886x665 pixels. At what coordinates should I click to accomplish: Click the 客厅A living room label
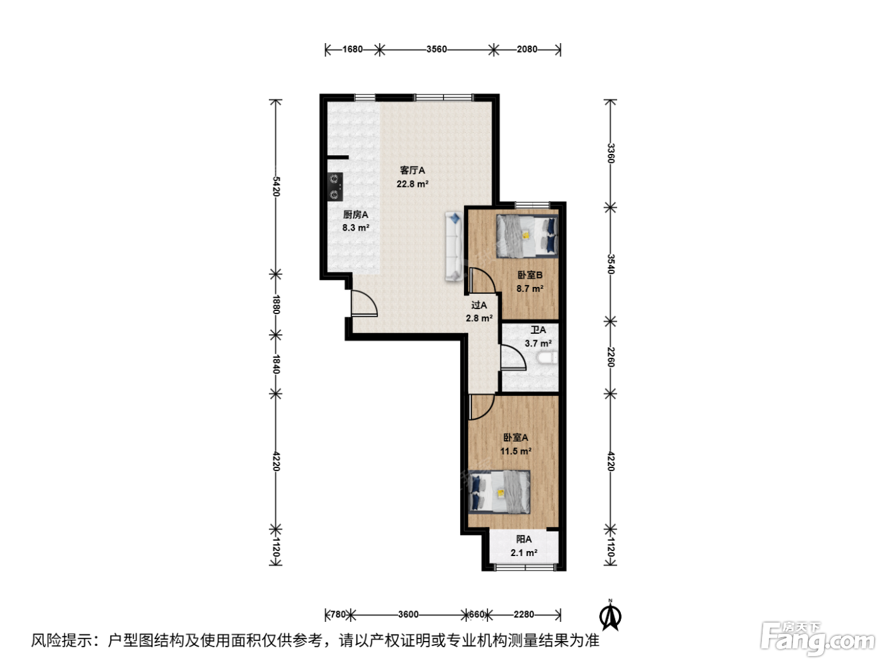point(412,170)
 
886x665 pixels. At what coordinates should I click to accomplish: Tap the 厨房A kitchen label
point(356,215)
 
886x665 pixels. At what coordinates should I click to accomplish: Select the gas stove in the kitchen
point(335,187)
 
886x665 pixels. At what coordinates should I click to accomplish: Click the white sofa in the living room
point(454,246)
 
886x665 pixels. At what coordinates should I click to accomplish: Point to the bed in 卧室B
point(527,236)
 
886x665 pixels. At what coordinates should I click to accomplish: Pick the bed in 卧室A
point(499,492)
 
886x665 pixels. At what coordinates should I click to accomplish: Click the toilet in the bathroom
point(547,358)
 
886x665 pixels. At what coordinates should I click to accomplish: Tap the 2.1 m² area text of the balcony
point(523,553)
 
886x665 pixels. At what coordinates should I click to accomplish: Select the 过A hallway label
point(479,305)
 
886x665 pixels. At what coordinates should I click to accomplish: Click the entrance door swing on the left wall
point(364,303)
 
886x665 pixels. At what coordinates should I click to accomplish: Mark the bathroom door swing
point(513,357)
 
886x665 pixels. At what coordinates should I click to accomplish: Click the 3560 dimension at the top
point(436,49)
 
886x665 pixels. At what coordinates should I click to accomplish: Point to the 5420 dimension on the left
point(276,186)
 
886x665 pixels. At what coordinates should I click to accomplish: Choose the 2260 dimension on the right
point(611,357)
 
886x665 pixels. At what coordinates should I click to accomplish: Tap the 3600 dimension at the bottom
point(408,614)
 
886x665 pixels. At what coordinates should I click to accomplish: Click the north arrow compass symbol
point(611,616)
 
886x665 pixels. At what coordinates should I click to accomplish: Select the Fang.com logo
point(818,638)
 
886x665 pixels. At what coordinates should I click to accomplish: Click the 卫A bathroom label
point(538,330)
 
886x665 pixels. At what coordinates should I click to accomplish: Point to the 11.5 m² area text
point(516,451)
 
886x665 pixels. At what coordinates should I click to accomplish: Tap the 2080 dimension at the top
point(527,49)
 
